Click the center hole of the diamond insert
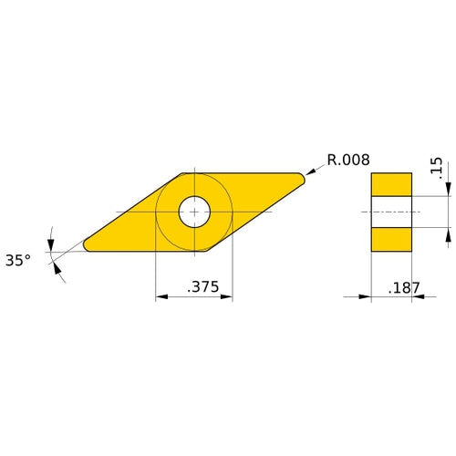193,212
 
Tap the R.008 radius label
347,160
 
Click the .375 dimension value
202,286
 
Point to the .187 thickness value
404,287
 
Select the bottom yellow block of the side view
390,239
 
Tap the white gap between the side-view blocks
390,212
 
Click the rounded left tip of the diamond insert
88,244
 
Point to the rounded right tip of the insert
299,178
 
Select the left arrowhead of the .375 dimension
161,296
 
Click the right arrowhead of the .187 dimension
416,296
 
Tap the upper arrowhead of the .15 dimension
448,190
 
